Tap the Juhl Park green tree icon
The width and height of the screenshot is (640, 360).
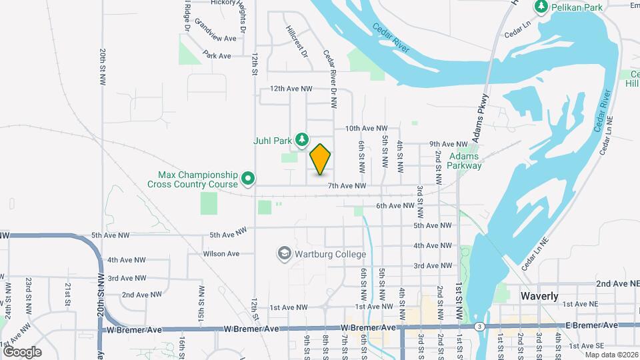(302, 139)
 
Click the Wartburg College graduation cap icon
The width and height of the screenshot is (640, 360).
(285, 253)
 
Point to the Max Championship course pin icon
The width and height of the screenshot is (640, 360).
(248, 178)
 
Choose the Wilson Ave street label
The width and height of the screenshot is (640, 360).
(221, 254)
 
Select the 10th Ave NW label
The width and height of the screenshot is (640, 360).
(366, 128)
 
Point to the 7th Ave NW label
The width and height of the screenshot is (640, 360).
(347, 186)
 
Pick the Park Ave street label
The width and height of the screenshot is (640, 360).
(217, 55)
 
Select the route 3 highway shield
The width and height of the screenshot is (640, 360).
(480, 326)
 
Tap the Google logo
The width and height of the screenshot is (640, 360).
(22, 351)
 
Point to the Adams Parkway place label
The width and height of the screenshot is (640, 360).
(465, 161)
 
